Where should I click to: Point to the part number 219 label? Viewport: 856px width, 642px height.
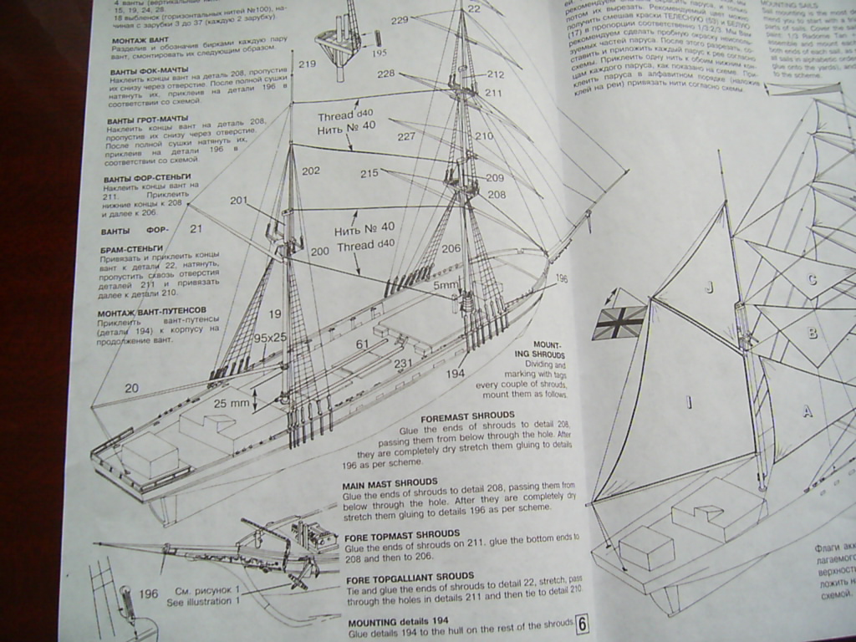[x=307, y=64]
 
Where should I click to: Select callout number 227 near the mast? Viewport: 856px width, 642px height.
[x=406, y=136]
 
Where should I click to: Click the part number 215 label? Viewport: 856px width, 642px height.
[x=369, y=174]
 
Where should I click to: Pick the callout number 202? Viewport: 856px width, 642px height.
[x=311, y=171]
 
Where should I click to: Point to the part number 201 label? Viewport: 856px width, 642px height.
[x=240, y=201]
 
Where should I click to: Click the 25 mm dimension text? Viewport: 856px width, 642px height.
[x=232, y=403]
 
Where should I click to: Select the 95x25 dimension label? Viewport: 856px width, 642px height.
[x=270, y=338]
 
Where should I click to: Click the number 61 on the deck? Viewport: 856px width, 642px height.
[x=362, y=344]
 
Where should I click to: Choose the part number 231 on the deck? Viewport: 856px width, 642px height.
[x=404, y=364]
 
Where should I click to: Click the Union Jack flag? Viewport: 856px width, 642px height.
[x=619, y=322]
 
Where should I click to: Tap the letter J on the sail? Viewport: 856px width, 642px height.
[x=709, y=287]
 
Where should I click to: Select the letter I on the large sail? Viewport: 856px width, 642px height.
[x=689, y=403]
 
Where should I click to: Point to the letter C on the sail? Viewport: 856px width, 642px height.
[x=811, y=280]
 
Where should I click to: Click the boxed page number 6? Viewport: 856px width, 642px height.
[x=583, y=624]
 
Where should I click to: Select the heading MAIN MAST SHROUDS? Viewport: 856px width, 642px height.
[x=390, y=482]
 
